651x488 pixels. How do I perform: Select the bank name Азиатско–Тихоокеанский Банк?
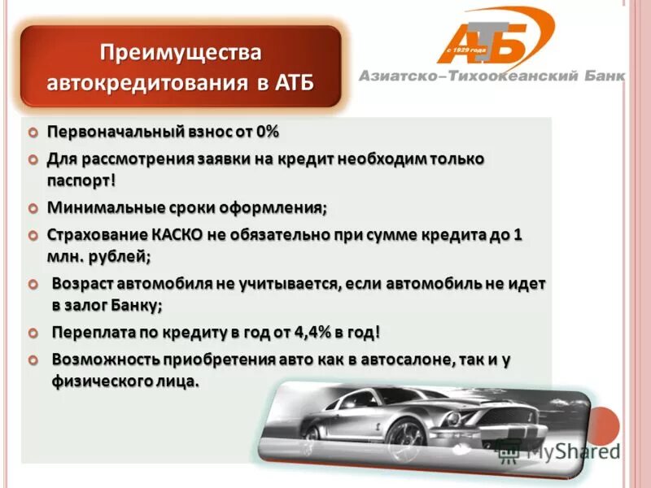[492, 76]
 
